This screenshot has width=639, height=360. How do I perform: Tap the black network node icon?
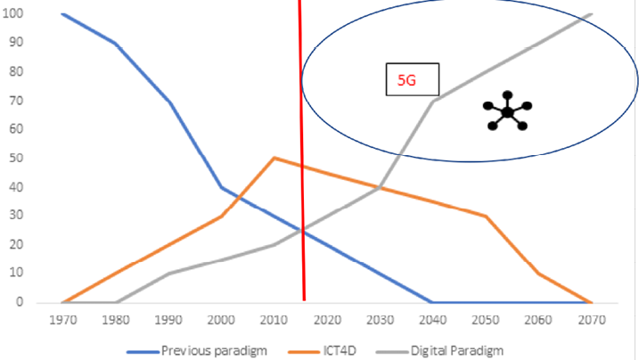507,112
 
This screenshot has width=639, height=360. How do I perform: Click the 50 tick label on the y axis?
16,158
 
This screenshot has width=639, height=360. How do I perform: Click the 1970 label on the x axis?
62,319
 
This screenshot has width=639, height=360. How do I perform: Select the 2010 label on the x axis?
274,319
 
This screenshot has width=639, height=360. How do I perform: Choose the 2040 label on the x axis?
432,319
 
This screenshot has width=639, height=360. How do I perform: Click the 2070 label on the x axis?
591,319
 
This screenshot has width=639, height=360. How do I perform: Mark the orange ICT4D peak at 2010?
274,158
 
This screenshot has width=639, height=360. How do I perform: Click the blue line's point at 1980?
115,43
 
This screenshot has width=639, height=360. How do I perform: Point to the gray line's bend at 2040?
432,101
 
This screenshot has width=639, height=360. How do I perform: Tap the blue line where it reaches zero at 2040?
432,302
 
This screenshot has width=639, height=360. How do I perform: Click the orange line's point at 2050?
486,216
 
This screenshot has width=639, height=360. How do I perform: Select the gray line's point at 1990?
168,274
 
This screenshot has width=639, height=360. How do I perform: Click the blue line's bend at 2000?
221,187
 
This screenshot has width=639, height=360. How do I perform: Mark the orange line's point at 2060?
538,274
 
